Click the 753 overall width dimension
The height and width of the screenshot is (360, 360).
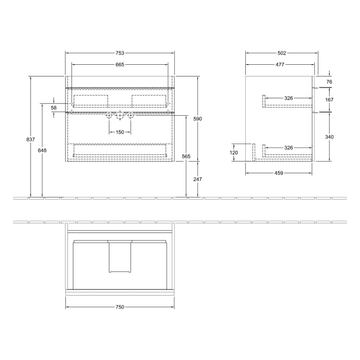119,53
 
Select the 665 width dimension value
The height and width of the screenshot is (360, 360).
119,65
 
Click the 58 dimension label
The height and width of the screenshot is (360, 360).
53,107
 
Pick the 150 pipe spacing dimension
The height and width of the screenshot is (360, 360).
119,132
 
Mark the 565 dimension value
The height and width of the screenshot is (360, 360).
186,156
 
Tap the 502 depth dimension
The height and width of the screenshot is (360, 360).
282,53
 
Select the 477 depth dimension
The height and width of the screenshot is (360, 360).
280,65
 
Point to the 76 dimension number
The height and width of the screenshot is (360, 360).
330,82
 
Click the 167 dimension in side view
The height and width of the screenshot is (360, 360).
330,100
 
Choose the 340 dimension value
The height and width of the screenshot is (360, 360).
330,137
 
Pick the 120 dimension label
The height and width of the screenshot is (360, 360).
234,153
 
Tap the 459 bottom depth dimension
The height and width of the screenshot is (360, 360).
279,173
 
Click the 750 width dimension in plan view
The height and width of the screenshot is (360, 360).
119,307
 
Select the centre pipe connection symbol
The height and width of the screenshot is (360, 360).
119,116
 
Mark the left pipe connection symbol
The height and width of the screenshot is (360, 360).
109,116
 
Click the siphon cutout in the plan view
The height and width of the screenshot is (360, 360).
119,256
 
